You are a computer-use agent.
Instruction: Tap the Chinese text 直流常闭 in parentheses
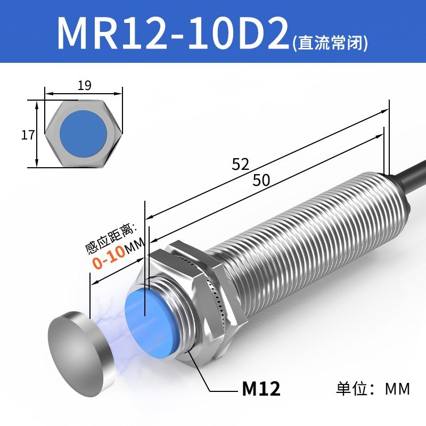[x=330, y=42]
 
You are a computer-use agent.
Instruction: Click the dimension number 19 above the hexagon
[x=84, y=85]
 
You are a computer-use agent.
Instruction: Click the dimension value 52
[x=241, y=165]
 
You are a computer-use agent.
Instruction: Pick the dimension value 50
[x=261, y=181]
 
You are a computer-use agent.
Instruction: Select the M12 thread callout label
[x=261, y=389]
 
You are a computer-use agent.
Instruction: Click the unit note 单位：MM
[x=373, y=389]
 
